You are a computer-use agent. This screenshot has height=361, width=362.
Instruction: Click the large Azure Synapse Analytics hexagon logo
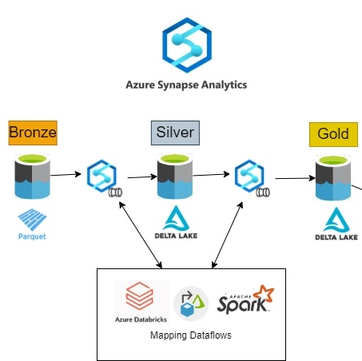187,45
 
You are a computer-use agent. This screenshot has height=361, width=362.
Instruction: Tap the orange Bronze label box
33,133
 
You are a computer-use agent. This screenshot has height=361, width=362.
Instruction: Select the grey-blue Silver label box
175,133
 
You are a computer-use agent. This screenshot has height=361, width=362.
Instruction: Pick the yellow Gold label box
333,134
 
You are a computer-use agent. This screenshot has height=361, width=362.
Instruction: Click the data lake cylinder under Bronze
32,176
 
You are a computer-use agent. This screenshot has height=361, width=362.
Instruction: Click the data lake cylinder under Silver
175,176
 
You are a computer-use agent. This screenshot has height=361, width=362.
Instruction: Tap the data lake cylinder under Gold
333,177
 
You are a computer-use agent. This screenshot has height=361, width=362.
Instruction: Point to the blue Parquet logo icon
32,220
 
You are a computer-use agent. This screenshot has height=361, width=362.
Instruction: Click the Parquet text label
32,236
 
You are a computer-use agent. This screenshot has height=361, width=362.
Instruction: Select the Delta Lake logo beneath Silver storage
176,222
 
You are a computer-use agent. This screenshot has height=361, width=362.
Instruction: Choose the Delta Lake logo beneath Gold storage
336,224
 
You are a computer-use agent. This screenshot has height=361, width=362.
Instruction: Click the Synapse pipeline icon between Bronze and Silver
104,178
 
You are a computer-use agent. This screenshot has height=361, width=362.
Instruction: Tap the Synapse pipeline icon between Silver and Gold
252,178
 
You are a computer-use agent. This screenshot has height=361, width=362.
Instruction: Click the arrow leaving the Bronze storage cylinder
66,175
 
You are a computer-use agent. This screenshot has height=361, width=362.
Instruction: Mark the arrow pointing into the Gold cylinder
295,178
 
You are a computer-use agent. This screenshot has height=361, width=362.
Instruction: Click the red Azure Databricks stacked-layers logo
139,296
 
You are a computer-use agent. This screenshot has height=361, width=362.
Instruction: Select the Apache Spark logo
245,299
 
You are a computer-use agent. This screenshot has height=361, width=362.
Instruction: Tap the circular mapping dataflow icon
191,303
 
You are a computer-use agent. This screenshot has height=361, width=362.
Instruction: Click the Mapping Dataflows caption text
191,335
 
